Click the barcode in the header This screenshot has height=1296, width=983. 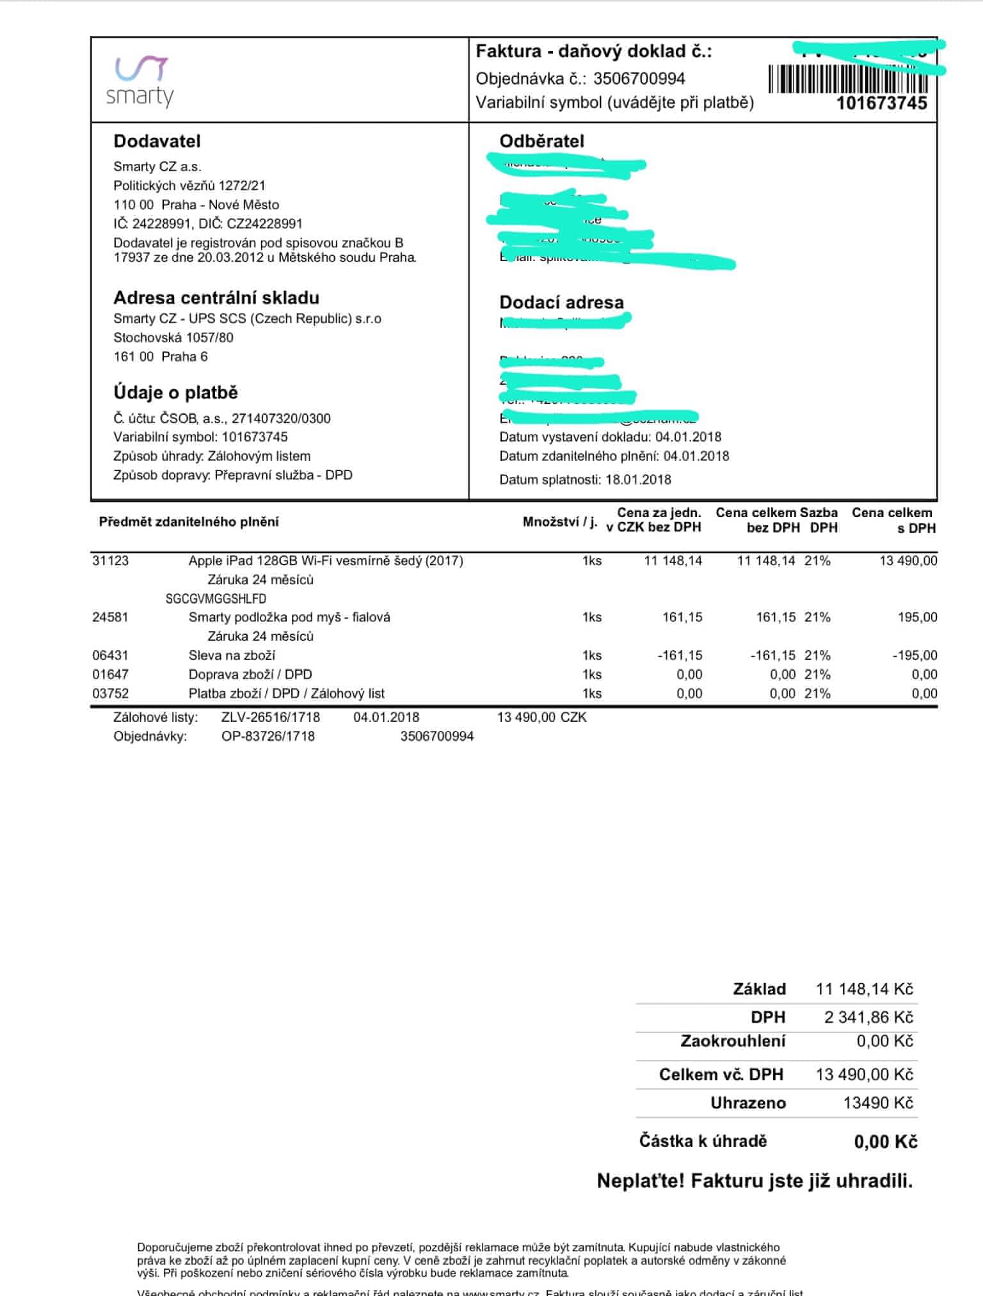point(848,79)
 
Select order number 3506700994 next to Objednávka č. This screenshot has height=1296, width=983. point(639,79)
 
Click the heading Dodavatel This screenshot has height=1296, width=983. point(157,141)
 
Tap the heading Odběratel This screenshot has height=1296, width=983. point(541,141)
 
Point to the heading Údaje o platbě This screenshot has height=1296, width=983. point(175,392)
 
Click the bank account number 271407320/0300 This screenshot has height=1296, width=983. point(281,419)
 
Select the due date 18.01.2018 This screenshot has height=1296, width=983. point(638,479)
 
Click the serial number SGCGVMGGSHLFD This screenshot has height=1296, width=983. point(216,598)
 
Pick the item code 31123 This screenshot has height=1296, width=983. point(110,561)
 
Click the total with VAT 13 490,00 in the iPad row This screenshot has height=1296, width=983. point(908,561)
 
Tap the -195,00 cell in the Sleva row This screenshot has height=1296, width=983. point(915,655)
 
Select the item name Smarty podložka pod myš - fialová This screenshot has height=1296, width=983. point(289,617)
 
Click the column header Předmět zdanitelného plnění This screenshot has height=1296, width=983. point(189,522)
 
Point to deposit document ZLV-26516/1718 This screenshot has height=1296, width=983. point(270,717)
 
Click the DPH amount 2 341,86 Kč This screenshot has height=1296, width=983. point(868,1017)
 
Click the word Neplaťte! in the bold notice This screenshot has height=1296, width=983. point(641,1180)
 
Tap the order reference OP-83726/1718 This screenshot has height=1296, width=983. point(268,736)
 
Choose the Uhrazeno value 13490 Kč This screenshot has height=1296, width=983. point(877,1103)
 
